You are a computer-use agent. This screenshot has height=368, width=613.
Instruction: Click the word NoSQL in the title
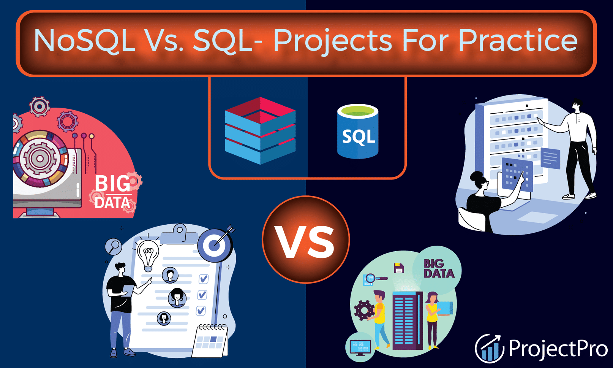point(85,40)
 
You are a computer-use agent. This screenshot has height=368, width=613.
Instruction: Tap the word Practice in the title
point(518,40)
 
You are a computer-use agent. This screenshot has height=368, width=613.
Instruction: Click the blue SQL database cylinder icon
point(358,131)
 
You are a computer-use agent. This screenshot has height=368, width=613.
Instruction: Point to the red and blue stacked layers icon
point(260,130)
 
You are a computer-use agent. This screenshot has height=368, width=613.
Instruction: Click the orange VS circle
point(306,239)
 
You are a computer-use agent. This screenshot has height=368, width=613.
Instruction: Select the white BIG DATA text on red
point(112,192)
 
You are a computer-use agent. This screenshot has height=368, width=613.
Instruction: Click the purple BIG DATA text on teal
point(439,269)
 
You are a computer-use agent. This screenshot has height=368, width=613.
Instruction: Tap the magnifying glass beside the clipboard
point(113,247)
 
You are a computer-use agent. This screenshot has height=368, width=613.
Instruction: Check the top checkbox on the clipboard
point(203,279)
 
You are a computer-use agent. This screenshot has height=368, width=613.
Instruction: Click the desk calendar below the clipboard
point(210,341)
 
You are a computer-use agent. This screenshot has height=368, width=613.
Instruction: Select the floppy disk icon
point(399,268)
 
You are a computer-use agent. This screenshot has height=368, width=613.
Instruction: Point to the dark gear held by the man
point(364,311)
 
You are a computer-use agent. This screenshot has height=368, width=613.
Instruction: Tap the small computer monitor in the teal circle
point(360,347)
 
